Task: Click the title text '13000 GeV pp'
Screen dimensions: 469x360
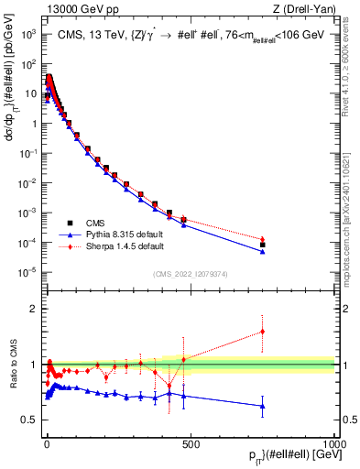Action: tap(68, 8)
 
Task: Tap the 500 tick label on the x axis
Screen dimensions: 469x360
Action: tap(191, 444)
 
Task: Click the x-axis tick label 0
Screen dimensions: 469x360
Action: tap(46, 444)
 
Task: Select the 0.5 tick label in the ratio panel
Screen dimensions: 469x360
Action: tap(27, 420)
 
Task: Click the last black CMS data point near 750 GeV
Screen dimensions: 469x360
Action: tap(263, 245)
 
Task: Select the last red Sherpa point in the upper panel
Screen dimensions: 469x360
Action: tap(263, 239)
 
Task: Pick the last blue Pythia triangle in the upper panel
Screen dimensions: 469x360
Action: tap(263, 251)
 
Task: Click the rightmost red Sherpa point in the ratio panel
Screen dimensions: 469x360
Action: tap(263, 332)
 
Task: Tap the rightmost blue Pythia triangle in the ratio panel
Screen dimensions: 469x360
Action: tap(263, 406)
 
